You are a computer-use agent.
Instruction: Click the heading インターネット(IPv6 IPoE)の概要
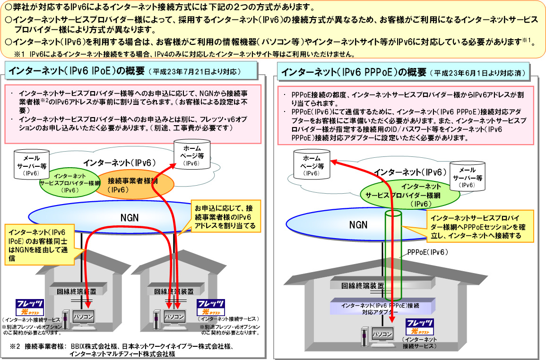(76, 71)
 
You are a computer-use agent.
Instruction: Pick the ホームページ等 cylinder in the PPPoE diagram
(312, 165)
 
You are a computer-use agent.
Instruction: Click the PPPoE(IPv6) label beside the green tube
(425, 253)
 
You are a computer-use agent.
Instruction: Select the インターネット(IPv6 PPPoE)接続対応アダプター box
(381, 308)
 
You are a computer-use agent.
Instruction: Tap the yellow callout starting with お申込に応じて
(225, 217)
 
